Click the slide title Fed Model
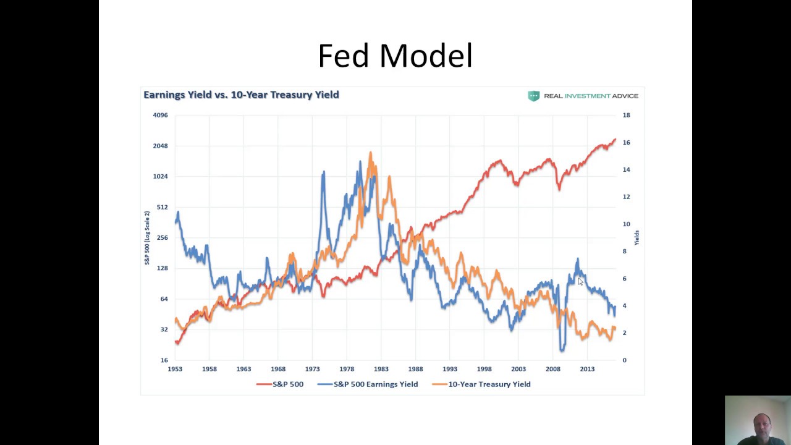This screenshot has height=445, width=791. click(x=395, y=56)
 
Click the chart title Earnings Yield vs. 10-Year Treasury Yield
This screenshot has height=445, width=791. click(x=241, y=95)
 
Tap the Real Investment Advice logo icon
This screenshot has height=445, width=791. click(x=533, y=96)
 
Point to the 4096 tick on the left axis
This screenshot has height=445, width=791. click(x=160, y=115)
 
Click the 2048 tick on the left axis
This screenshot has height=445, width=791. click(x=160, y=146)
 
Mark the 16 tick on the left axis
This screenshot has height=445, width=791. click(x=164, y=360)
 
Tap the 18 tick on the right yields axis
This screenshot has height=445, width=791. click(x=626, y=115)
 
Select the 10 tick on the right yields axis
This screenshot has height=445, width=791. click(x=626, y=224)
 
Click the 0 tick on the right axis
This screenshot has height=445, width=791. click(x=624, y=360)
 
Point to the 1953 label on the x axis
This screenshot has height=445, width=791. click(x=175, y=369)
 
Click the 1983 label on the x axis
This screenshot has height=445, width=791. click(x=381, y=369)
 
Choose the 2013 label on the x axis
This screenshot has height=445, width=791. click(x=587, y=369)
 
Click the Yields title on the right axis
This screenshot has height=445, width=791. click(x=637, y=237)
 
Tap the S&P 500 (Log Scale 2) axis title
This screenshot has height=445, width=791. click(x=147, y=238)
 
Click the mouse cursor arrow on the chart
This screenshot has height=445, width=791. click(x=580, y=281)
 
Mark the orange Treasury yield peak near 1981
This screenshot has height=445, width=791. click(x=370, y=153)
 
